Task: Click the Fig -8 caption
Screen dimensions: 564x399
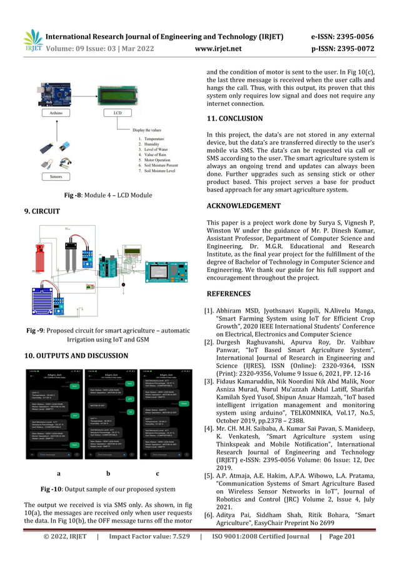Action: point(108,196)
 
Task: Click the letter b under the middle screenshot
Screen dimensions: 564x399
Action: point(109,473)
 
